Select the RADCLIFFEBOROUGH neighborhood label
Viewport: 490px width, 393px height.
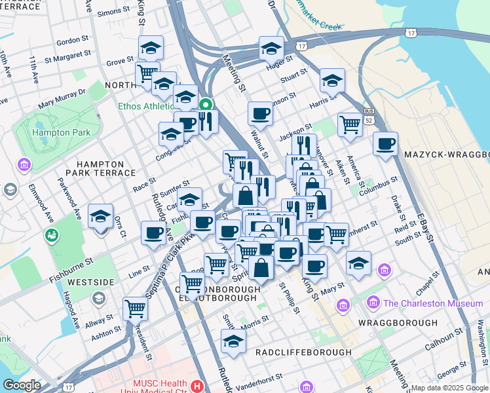click(x=303, y=352)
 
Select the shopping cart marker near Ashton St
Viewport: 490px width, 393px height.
click(x=135, y=307)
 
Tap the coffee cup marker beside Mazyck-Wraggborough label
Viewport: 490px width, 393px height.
click(x=385, y=142)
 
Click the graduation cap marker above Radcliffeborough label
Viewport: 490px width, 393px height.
click(x=233, y=340)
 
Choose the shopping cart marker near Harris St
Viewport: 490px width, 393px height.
click(x=350, y=122)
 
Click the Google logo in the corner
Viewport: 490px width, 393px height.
click(x=22, y=385)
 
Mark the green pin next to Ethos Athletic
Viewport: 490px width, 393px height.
click(x=206, y=105)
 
